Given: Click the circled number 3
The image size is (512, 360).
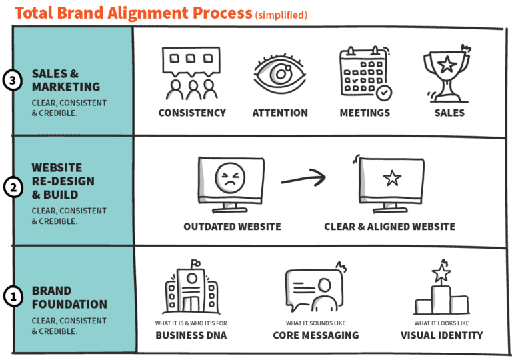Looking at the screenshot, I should [x=13, y=80].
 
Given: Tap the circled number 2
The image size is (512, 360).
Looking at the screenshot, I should [x=13, y=188].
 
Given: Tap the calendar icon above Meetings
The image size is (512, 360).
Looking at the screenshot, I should [x=364, y=73].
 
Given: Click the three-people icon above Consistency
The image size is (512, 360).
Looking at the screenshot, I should [x=192, y=73].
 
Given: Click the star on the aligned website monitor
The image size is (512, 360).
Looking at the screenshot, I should [x=392, y=179].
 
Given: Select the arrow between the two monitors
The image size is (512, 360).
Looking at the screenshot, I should [x=303, y=179].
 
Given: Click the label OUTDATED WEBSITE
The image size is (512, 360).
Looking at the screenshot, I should [x=232, y=227].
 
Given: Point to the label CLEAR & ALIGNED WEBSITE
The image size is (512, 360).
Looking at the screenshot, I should [x=389, y=227].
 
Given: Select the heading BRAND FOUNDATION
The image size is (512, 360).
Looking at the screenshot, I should [x=69, y=297].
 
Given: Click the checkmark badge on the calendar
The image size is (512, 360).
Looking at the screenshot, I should [x=383, y=92].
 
